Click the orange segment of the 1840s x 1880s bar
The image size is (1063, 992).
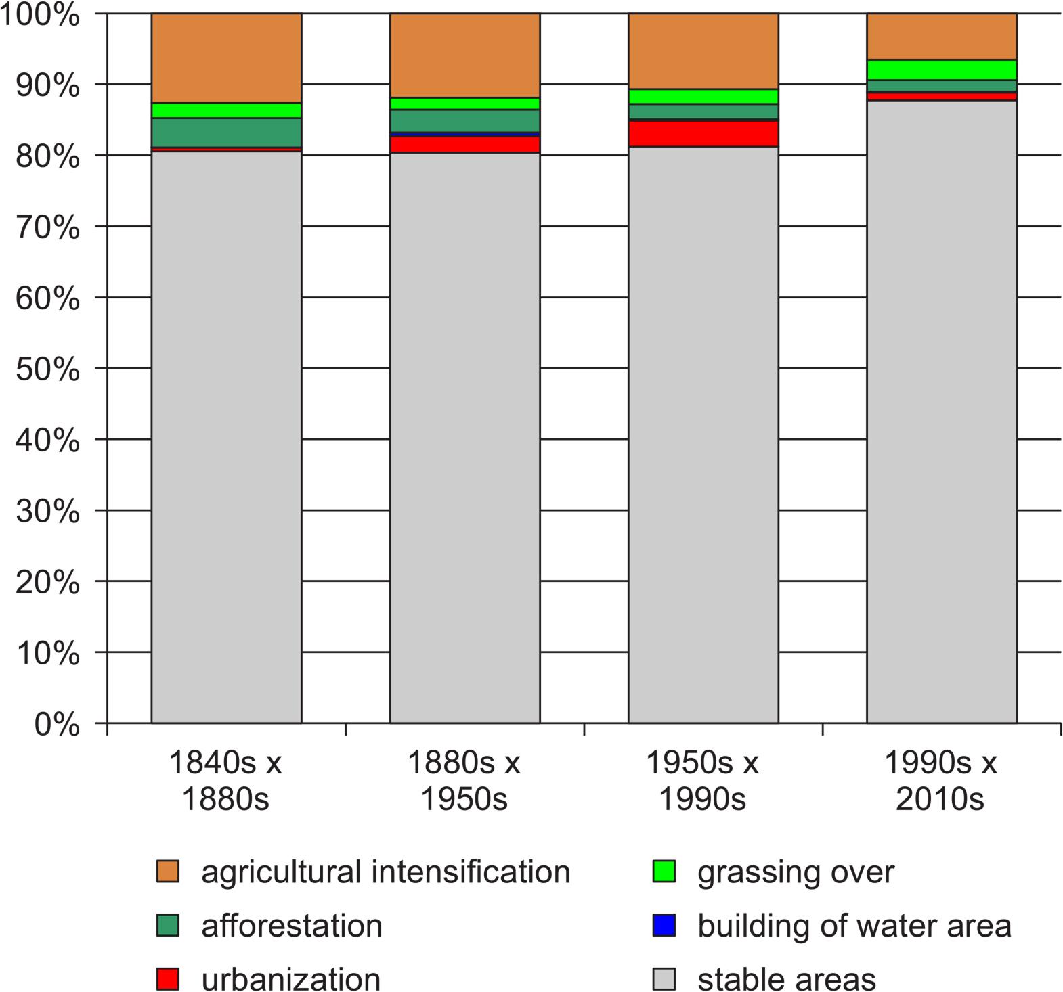(226, 58)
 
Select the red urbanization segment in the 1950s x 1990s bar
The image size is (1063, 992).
(703, 133)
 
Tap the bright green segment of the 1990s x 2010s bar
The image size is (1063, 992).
(942, 70)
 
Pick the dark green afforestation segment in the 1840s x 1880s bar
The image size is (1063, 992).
(226, 133)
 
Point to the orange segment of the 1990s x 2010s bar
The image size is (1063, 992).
(942, 36)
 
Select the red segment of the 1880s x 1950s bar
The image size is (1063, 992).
(464, 144)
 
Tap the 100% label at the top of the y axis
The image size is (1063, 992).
(41, 15)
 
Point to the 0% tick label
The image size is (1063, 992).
(57, 725)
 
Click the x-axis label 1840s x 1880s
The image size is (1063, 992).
(225, 781)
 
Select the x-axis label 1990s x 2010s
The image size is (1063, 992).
(940, 781)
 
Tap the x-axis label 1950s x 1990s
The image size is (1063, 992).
(702, 781)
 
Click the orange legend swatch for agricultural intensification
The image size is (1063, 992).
(167, 872)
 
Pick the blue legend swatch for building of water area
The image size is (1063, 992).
(664, 925)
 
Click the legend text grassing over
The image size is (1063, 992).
(796, 872)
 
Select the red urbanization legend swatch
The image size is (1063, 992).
(167, 978)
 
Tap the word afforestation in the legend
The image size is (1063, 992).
(292, 925)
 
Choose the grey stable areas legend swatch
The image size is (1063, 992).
(664, 978)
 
